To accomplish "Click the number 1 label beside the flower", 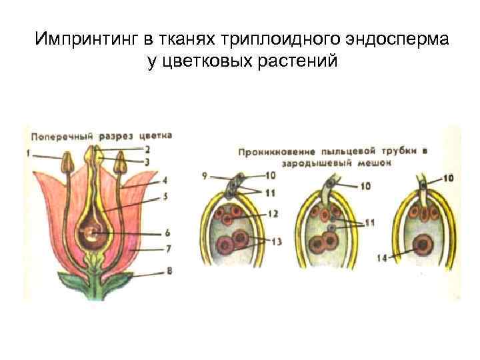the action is pyautogui.click(x=29, y=155).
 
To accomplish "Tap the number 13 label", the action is pyautogui.click(x=277, y=241).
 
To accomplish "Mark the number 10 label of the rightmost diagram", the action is pyautogui.click(x=448, y=178).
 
